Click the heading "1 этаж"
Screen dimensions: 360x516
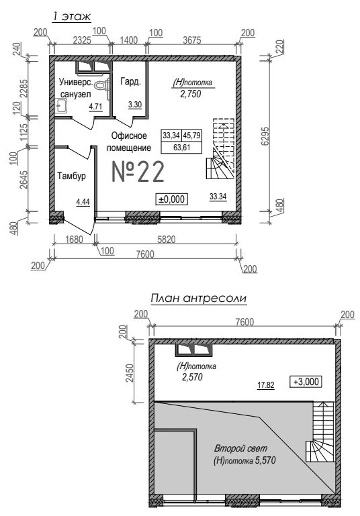71,17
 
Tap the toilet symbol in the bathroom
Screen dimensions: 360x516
102,85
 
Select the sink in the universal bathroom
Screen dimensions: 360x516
60,105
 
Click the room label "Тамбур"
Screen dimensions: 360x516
71,176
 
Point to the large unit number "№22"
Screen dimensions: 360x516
138,172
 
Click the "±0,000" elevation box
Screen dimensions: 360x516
171,199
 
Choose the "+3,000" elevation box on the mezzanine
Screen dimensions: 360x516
306,381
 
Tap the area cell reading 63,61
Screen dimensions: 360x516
181,147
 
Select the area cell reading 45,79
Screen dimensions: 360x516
191,136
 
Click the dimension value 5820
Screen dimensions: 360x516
167,240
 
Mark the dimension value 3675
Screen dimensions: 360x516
191,40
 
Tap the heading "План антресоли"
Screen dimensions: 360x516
198,299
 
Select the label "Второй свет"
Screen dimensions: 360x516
240,448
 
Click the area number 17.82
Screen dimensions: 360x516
266,384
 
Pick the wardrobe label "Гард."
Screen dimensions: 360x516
131,82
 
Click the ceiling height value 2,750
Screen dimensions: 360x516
190,94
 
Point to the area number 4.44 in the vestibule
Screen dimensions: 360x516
83,202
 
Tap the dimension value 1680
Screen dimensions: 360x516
74,240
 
